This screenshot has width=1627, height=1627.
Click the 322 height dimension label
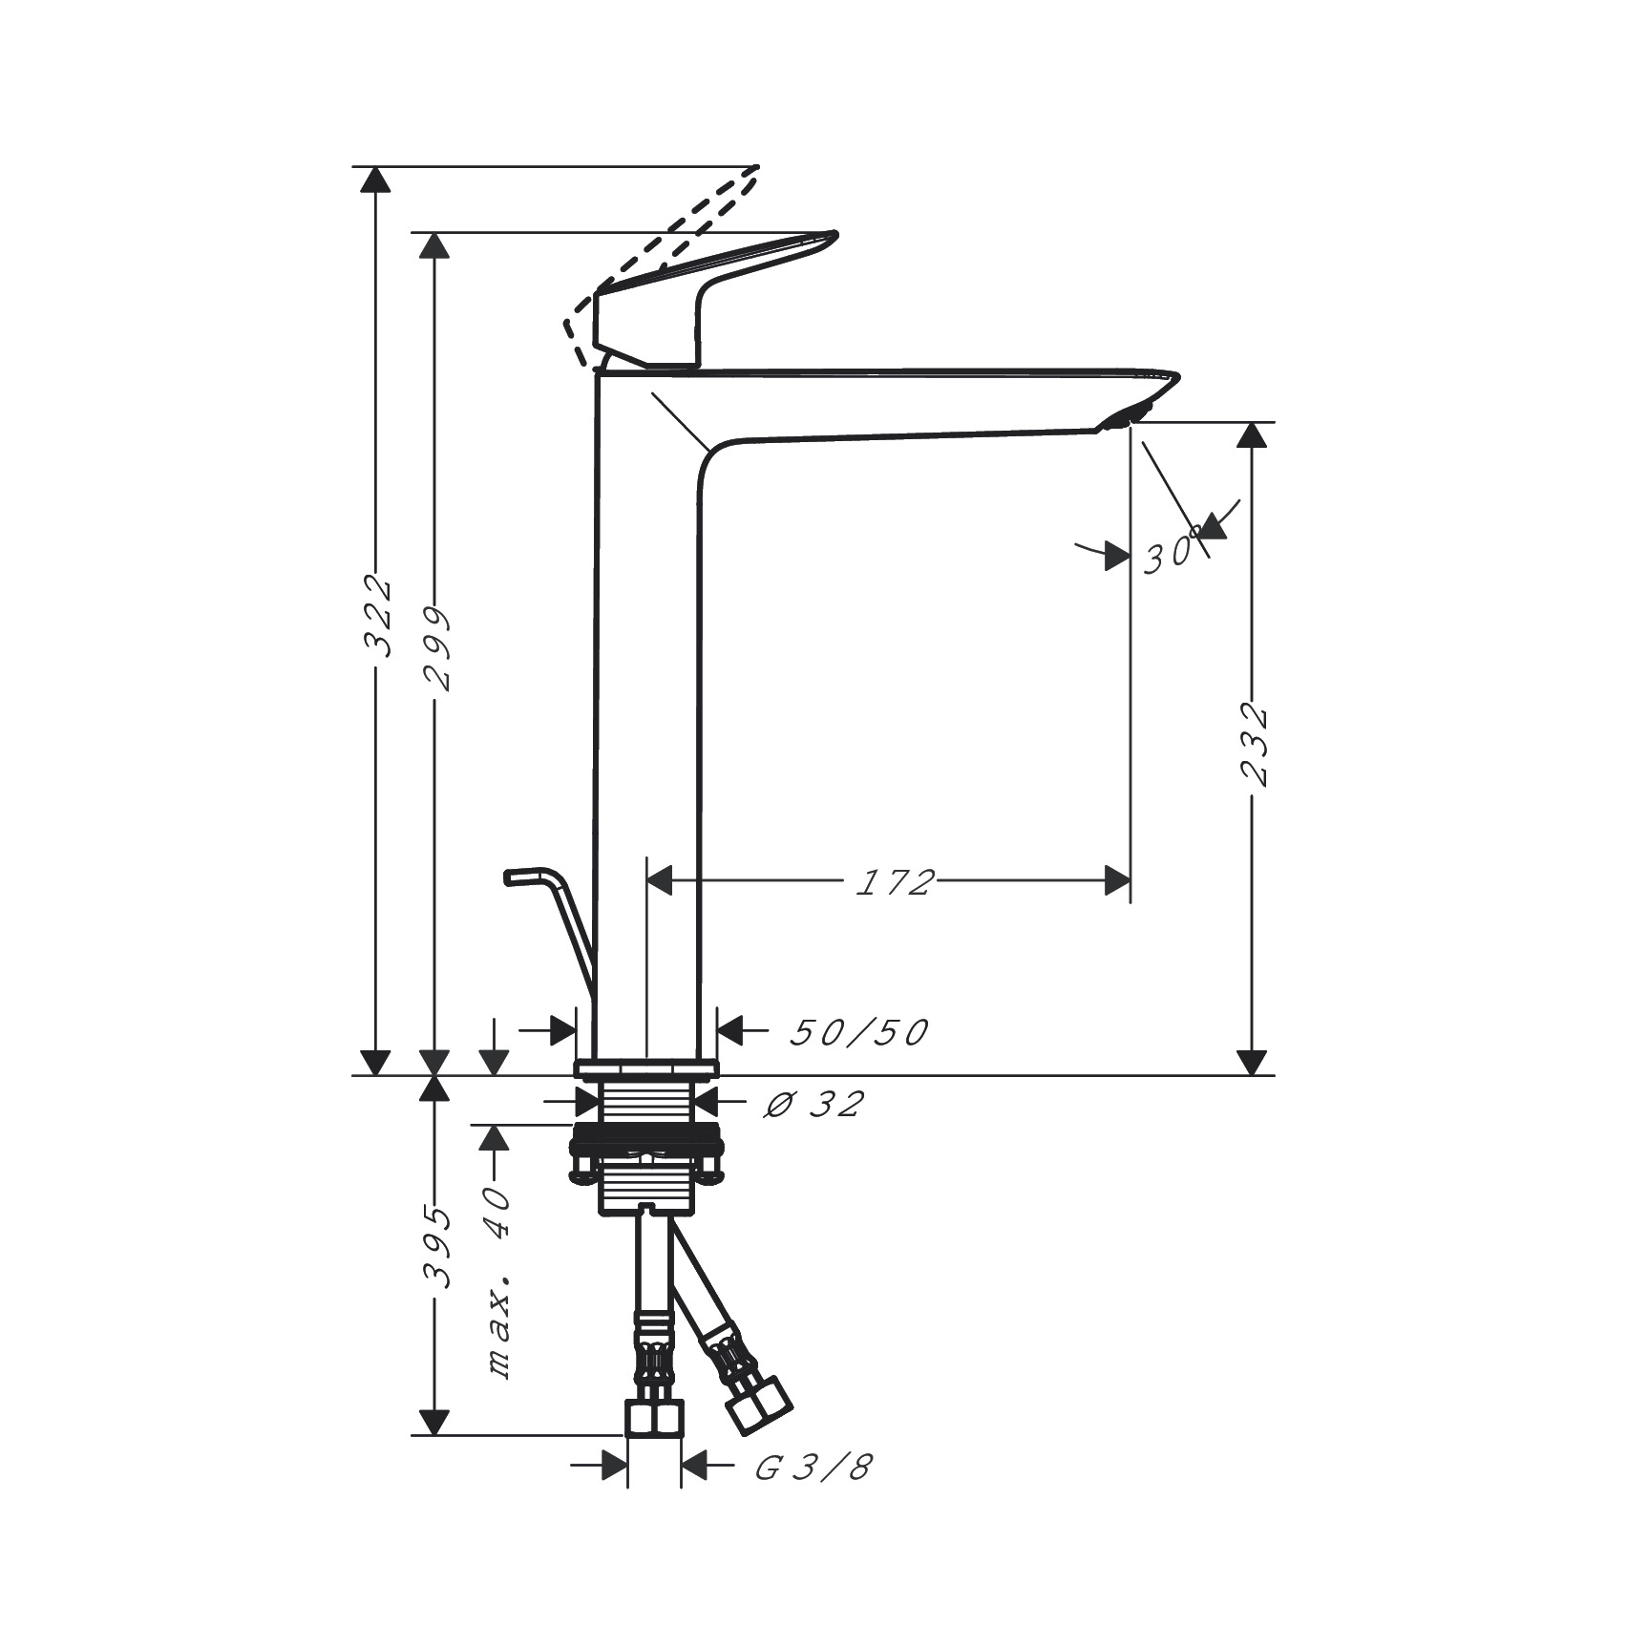[x=379, y=615]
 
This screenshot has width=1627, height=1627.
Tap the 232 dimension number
[x=1254, y=745]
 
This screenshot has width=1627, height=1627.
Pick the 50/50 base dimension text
[x=858, y=1032]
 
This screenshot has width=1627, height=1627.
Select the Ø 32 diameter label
[x=813, y=1105]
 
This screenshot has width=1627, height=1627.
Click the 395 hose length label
[x=437, y=1247]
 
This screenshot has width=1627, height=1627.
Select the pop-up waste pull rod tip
[x=516, y=875]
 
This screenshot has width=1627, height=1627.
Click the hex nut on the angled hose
[x=758, y=1405]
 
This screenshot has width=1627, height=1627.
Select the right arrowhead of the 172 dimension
[x=1116, y=881]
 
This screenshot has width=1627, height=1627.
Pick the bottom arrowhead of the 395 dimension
[x=434, y=1422]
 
